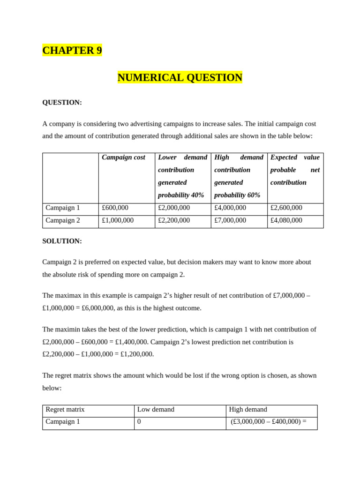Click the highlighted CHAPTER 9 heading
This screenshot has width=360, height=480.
pyautogui.click(x=72, y=50)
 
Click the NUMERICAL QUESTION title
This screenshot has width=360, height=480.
pyautogui.click(x=180, y=77)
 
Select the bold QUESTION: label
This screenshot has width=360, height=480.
pyautogui.click(x=62, y=102)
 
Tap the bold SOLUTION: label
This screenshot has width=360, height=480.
pyautogui.click(x=62, y=241)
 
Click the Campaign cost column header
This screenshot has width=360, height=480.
pyautogui.click(x=123, y=157)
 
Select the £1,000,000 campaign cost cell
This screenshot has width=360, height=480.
pyautogui.click(x=118, y=220)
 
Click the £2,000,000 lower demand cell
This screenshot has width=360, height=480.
pyautogui.click(x=174, y=208)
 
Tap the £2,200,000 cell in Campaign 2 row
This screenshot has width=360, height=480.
pyautogui.click(x=174, y=220)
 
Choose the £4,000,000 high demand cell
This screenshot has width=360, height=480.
pyautogui.click(x=230, y=208)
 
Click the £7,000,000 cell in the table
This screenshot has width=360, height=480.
pyautogui.click(x=230, y=220)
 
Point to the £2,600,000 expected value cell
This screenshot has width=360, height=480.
pyautogui.click(x=286, y=208)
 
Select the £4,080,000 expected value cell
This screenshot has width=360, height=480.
pyautogui.click(x=286, y=220)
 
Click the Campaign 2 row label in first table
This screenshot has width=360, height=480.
pyautogui.click(x=63, y=220)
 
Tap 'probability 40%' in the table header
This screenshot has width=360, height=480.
pyautogui.click(x=181, y=195)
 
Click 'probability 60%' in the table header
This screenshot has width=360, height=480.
pyautogui.click(x=237, y=195)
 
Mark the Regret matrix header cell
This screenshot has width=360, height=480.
pyautogui.click(x=65, y=409)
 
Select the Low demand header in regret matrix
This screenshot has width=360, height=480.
pyautogui.click(x=156, y=409)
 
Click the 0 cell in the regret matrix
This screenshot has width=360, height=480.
pyautogui.click(x=139, y=421)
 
